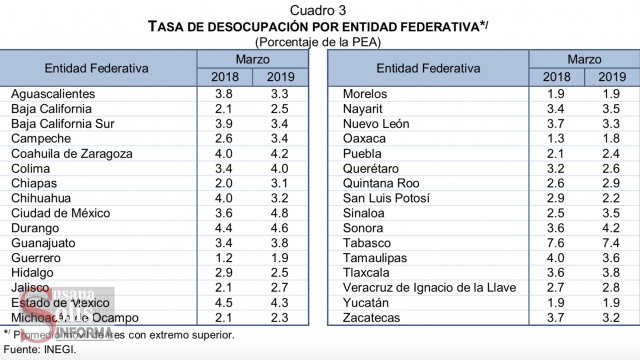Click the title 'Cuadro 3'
(319, 8)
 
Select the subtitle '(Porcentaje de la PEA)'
(319, 40)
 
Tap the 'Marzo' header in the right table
(583, 60)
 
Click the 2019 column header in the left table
(284, 77)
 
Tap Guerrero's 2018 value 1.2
(225, 258)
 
